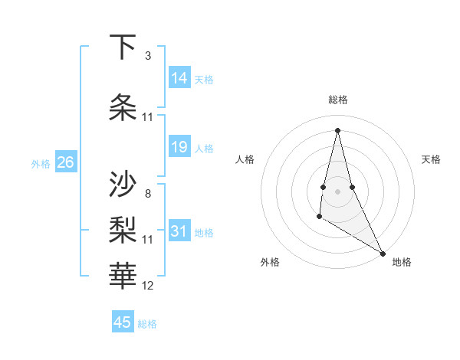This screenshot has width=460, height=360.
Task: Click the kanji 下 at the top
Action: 123,47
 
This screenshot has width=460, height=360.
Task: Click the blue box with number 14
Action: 179,78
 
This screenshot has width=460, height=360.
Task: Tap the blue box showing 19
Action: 179,147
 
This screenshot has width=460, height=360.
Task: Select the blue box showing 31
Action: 179,231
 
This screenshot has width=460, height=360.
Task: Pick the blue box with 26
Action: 66,162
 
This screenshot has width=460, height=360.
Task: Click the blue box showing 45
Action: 123,322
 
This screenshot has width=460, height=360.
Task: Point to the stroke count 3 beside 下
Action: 148,56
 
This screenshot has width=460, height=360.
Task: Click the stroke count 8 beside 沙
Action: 148,193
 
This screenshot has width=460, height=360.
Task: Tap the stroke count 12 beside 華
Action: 148,286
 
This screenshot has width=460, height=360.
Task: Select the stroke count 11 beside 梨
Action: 148,240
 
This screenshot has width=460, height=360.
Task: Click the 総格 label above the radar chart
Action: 338,100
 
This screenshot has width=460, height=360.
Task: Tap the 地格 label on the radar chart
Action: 402,262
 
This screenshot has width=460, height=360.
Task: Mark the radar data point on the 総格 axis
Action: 338,129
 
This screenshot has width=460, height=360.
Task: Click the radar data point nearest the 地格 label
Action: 383,253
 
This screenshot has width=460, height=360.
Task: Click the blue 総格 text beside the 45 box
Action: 147,324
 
